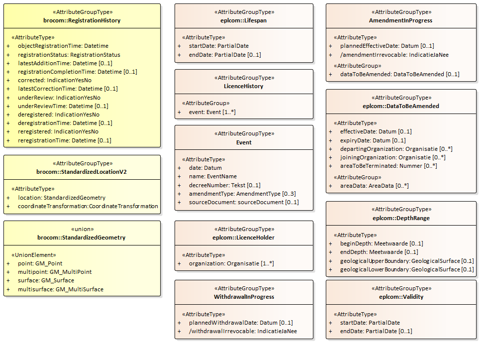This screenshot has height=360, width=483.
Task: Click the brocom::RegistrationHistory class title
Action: [82, 20]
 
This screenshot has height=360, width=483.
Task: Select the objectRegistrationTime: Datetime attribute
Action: [63, 46]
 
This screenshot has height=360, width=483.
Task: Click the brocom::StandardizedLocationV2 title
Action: [82, 172]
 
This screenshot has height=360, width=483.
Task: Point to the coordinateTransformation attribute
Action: [88, 206]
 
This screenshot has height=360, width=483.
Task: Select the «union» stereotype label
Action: [82, 229]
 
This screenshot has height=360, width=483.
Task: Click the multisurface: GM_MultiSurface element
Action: [61, 289]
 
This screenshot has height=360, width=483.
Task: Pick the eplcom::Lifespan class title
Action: [244, 20]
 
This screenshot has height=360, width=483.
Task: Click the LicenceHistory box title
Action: [244, 86]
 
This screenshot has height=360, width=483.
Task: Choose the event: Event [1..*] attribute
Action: [212, 112]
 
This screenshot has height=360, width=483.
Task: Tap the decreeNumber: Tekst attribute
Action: [224, 185]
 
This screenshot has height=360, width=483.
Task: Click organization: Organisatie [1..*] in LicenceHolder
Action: [231, 263]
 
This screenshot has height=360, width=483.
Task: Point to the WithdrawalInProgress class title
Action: [244, 297]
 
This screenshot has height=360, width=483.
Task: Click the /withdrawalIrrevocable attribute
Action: [243, 331]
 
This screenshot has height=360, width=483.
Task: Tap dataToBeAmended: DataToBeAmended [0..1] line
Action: [399, 74]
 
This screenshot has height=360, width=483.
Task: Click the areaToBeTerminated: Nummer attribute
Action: [388, 166]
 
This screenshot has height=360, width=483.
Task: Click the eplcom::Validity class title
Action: [401, 297]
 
